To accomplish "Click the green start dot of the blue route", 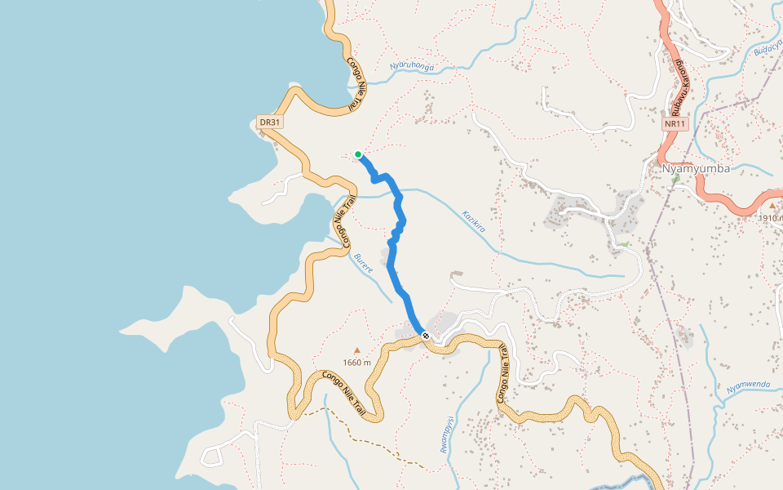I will (358, 154).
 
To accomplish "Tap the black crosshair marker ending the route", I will (426, 336).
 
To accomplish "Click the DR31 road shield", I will (270, 122).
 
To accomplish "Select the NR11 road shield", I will (675, 124).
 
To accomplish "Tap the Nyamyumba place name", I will (696, 169).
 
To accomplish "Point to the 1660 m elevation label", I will (357, 363).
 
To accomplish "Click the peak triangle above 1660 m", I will (356, 350).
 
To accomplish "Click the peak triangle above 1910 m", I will (772, 206).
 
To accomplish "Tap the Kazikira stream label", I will (474, 220).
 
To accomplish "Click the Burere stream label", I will (363, 263).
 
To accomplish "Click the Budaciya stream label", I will (768, 50).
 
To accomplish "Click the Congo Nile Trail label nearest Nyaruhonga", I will (354, 83).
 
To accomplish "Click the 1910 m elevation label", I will (770, 218).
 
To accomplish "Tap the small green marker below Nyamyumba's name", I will (675, 177).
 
